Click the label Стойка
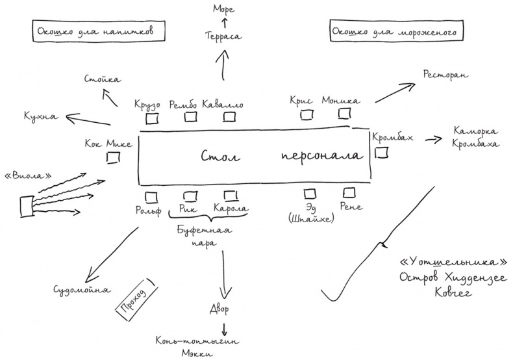(102, 79)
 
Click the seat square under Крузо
(152, 118)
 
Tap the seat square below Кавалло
(229, 117)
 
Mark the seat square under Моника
(344, 115)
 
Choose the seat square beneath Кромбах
(382, 153)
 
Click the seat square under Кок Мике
(112, 157)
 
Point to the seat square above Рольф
(151, 196)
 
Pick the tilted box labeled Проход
(132, 299)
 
